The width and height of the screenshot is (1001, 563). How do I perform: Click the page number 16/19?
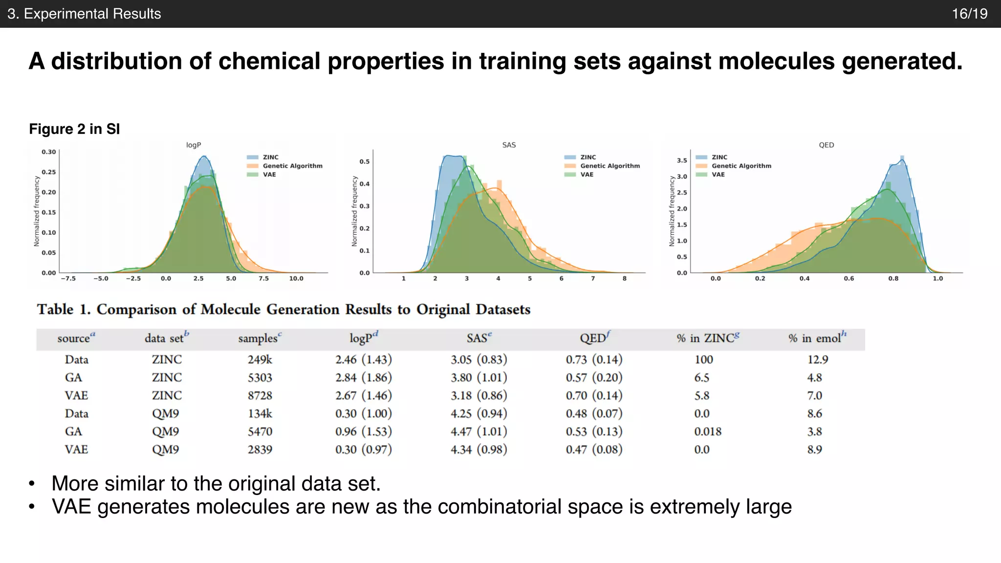[969, 14]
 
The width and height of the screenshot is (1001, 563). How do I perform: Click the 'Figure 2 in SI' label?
[74, 129]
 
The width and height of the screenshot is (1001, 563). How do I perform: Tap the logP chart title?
[194, 145]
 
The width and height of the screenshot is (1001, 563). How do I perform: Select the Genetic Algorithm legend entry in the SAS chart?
[609, 166]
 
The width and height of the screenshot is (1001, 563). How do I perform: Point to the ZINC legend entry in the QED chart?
[719, 157]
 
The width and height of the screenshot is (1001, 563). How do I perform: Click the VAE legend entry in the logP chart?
[269, 174]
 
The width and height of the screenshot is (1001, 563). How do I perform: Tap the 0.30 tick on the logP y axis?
[49, 152]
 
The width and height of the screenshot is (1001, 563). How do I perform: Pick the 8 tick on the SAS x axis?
[624, 279]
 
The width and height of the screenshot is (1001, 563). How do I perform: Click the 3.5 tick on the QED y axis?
[682, 160]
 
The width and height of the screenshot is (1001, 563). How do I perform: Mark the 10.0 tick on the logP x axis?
[296, 279]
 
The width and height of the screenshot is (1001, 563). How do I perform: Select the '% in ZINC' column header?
[708, 338]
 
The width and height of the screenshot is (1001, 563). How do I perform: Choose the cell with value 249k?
[260, 360]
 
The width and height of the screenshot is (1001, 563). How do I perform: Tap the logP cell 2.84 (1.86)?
[364, 378]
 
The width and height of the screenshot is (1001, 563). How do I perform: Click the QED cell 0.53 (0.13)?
[594, 432]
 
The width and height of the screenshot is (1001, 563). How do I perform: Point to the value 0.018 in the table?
[707, 432]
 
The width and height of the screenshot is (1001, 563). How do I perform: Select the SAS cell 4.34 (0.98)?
[479, 450]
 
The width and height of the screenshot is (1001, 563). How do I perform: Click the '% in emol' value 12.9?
[817, 360]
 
